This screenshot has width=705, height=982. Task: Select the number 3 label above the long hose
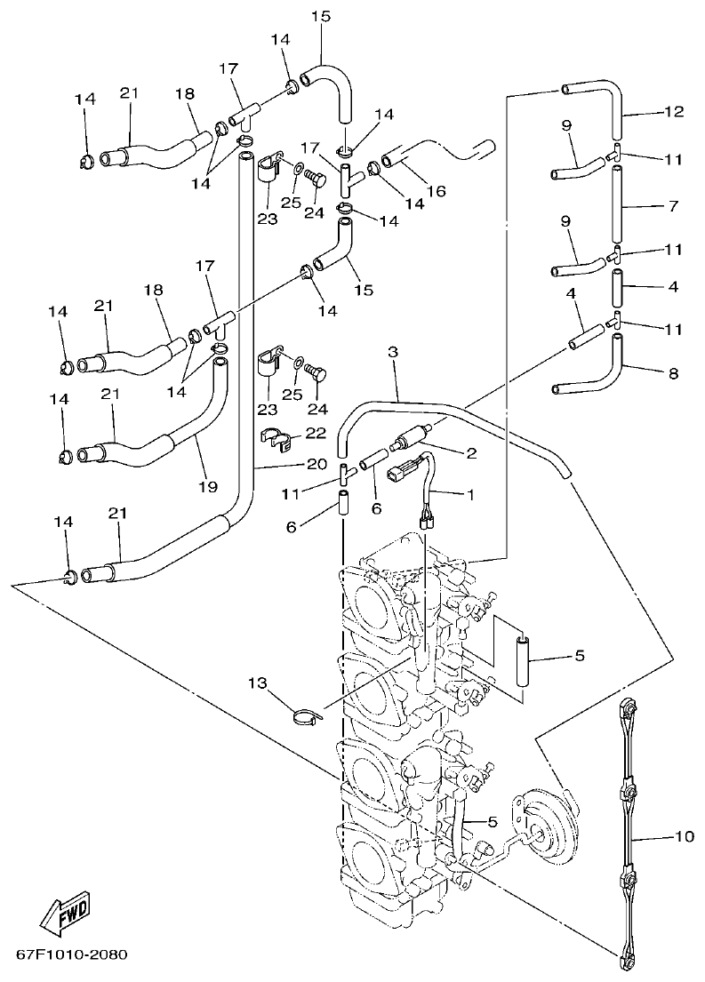coord(392,354)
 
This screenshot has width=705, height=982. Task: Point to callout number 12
coord(673,112)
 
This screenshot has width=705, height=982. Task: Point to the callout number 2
coord(470,453)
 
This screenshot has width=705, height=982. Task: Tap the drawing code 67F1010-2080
coord(71,956)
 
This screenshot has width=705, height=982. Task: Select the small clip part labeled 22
coord(276,436)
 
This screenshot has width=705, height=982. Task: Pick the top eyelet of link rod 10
coord(627,707)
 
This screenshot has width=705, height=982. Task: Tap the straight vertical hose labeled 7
coord(615,204)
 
